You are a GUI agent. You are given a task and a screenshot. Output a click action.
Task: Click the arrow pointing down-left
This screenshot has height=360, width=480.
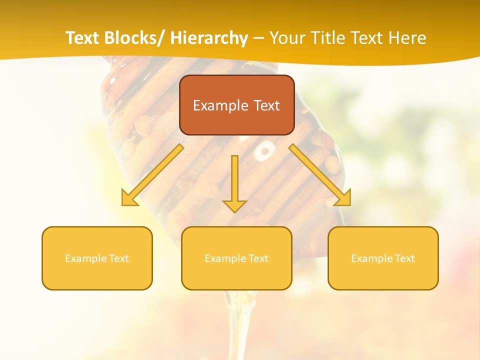click(152, 175)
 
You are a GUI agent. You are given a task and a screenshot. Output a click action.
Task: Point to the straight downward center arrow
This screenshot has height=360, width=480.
click(234, 182)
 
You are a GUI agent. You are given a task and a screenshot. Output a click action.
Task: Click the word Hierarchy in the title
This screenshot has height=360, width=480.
click(209, 38)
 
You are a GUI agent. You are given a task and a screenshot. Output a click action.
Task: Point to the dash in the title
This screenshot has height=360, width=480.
click(258, 38)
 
